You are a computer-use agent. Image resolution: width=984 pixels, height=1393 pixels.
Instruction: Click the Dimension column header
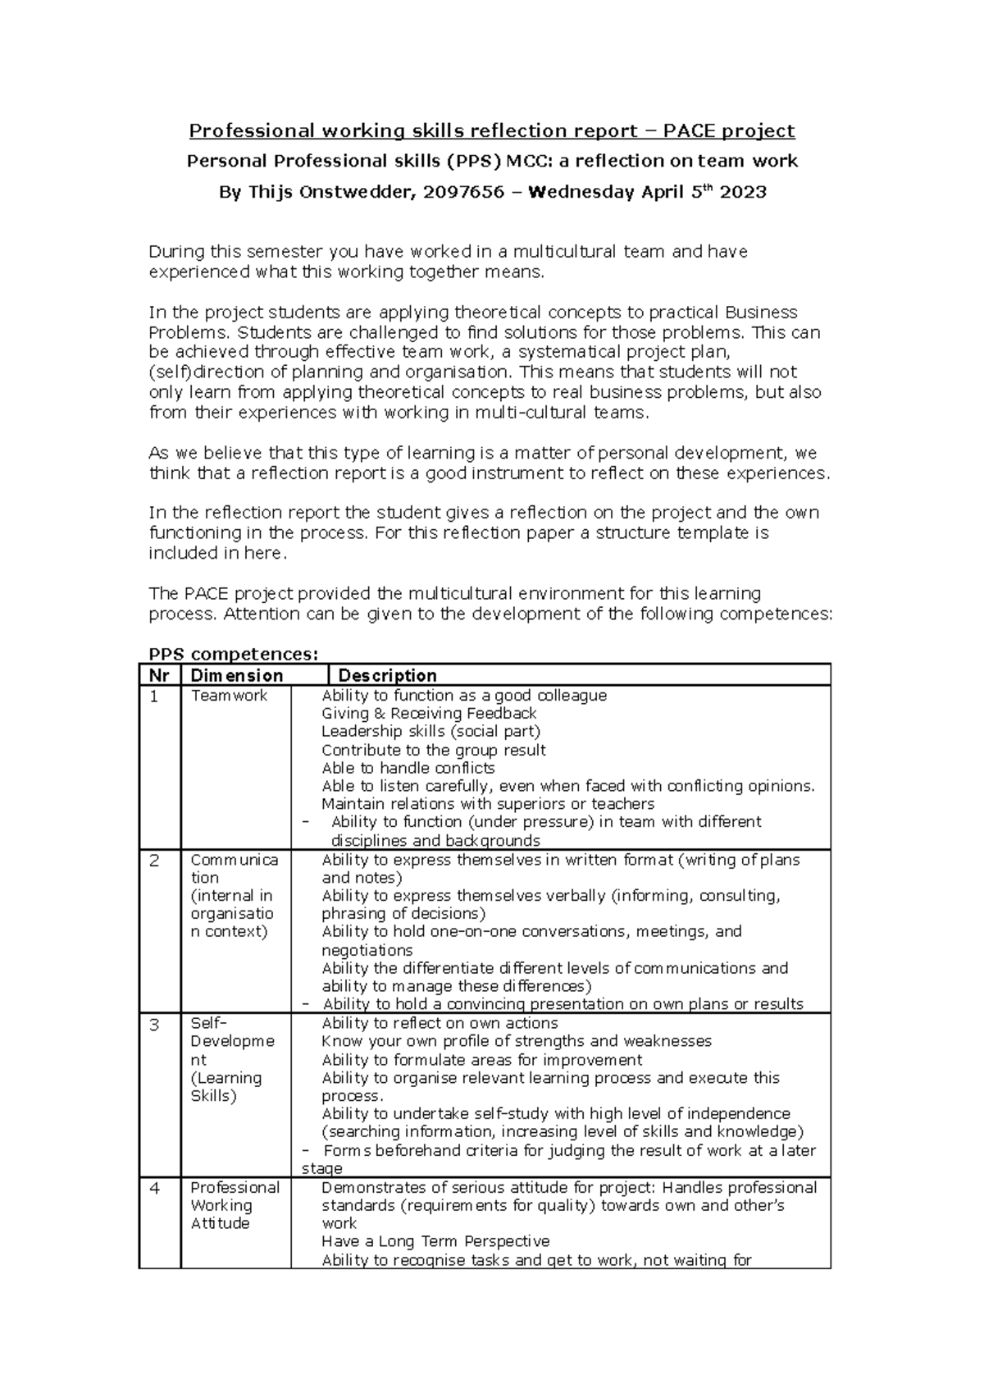pos(236,676)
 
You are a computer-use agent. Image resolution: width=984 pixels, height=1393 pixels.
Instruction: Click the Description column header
pos(387,676)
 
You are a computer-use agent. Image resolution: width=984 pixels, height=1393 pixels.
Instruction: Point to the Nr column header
pos(159,676)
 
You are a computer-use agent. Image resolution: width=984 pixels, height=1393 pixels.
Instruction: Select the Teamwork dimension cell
pos(229,696)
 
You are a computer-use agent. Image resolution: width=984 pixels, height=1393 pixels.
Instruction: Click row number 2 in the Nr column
pos(154,861)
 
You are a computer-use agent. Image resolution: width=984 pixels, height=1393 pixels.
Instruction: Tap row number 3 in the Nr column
pos(154,1024)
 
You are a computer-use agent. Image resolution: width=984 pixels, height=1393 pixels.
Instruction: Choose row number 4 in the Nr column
pos(154,1188)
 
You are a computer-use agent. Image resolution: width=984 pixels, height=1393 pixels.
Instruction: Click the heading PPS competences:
pos(232,654)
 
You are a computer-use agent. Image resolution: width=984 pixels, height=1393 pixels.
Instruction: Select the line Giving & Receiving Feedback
pos(429,714)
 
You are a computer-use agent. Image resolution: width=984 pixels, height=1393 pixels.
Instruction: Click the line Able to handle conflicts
pos(408,769)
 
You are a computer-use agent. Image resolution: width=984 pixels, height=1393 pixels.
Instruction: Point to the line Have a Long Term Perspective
pos(435,1242)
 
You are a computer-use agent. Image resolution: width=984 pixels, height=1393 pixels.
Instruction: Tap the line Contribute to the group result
pos(433,751)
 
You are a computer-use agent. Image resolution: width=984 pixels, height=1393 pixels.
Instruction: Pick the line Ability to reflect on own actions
pos(440,1024)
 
